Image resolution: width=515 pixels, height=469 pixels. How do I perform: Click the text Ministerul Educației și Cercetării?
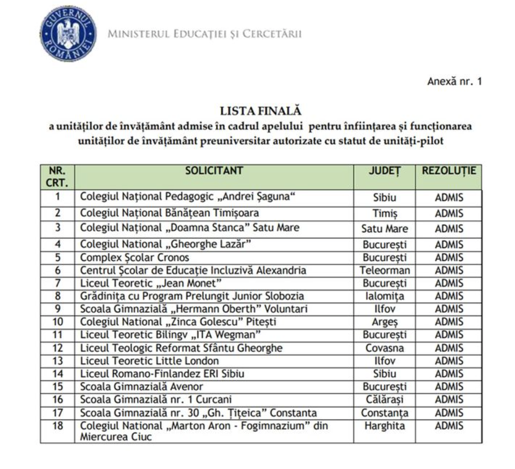coord(205,34)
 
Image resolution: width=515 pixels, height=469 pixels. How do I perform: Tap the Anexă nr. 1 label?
coord(454,81)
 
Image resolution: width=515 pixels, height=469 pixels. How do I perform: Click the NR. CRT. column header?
coord(58,176)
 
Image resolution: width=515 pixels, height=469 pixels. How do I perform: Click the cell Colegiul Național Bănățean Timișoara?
coord(169,213)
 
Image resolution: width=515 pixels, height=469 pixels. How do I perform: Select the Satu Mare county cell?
coord(384,228)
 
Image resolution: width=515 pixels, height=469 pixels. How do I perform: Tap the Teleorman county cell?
coord(384,271)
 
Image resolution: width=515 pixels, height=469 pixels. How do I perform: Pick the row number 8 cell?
coord(58,296)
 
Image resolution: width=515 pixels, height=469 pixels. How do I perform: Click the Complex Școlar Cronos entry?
coord(135,258)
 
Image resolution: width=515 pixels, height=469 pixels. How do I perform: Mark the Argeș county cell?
coord(384,322)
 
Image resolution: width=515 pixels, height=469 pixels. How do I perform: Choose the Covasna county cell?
coord(384,348)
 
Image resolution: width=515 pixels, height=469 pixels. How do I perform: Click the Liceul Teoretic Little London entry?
coord(149,361)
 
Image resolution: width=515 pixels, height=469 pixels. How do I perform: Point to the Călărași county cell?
coord(384,400)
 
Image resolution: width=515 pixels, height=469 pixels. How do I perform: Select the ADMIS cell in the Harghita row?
coord(449,426)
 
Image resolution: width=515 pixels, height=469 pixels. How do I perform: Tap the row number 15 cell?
coord(58,387)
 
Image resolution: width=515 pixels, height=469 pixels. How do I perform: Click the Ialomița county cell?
coord(384,296)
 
